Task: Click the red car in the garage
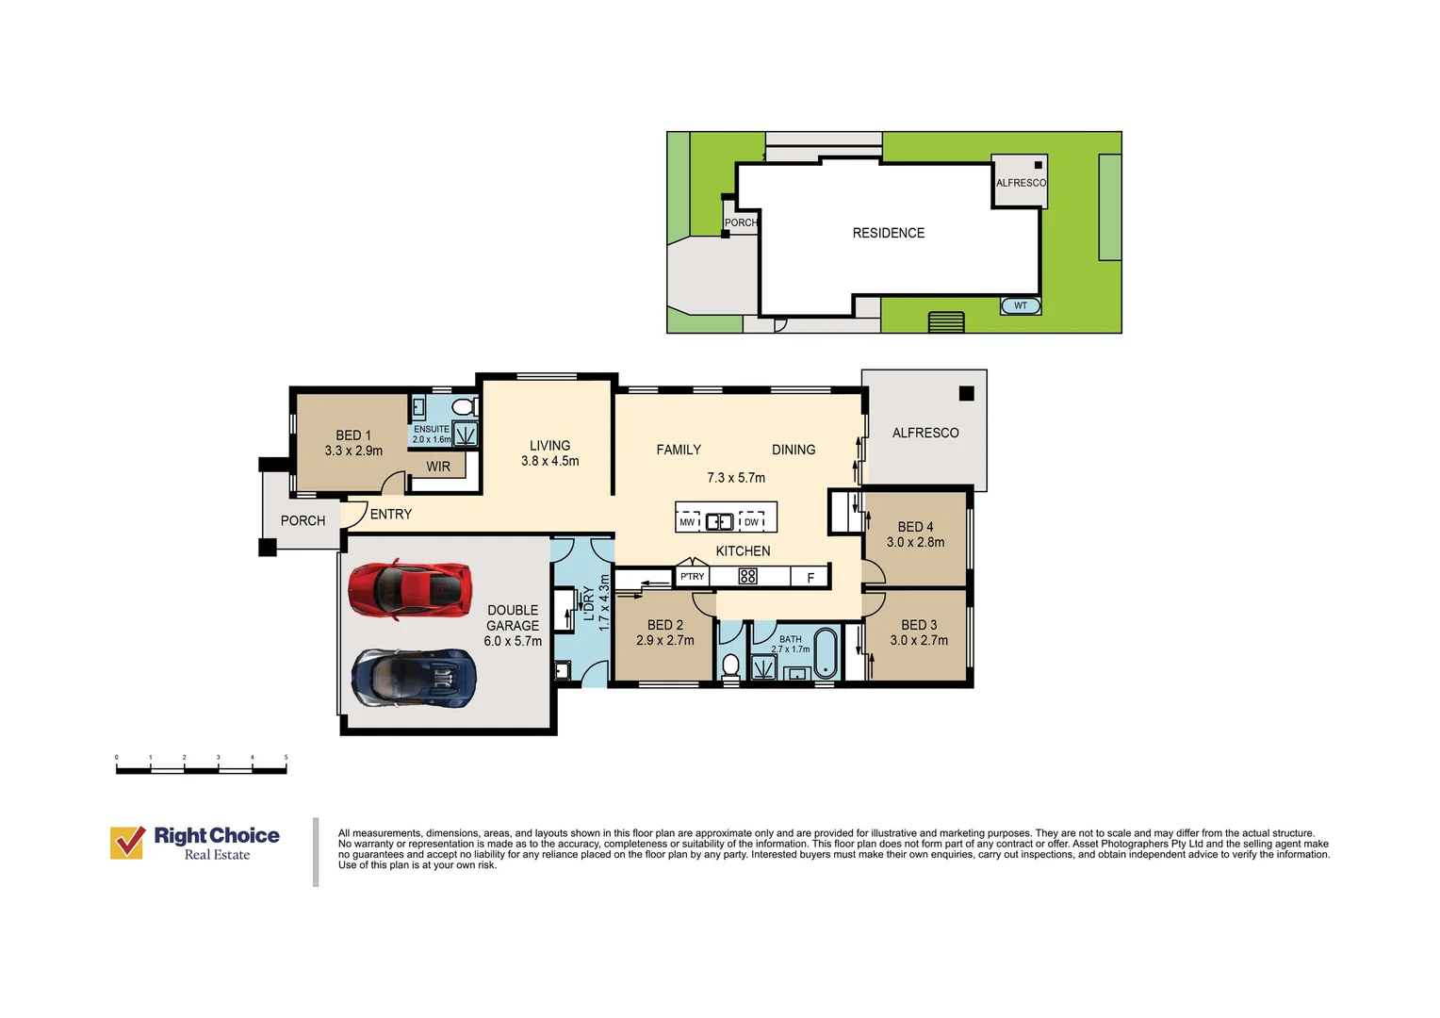click(410, 589)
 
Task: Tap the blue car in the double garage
click(414, 678)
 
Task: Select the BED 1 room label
click(353, 435)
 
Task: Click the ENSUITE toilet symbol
click(465, 406)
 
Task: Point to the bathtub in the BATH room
click(826, 652)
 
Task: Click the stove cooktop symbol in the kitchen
click(747, 576)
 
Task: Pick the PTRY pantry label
click(693, 576)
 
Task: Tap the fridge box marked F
click(810, 577)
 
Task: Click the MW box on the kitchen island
click(688, 521)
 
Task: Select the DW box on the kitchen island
click(751, 521)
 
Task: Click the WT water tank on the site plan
click(1021, 305)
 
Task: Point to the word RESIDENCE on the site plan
click(889, 233)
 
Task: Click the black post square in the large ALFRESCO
click(966, 393)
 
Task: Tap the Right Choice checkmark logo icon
click(127, 843)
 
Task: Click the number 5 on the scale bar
click(286, 757)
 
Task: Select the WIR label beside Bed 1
click(438, 467)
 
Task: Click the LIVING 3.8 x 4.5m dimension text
click(550, 461)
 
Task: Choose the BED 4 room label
click(915, 527)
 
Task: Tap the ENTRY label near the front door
click(391, 514)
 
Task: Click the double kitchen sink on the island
click(719, 521)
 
